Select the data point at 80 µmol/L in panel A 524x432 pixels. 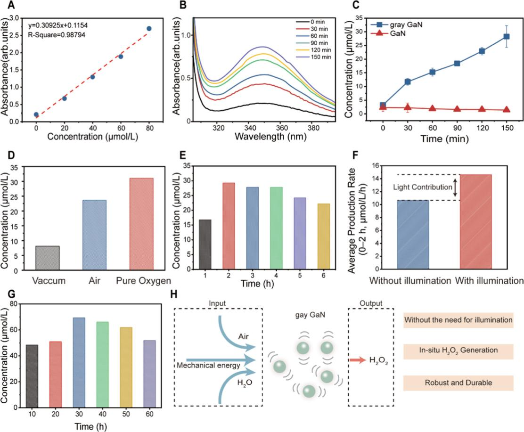click(149, 29)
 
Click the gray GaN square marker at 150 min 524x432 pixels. click(507, 36)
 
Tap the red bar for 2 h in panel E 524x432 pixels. click(229, 227)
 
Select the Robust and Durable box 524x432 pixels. click(458, 383)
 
